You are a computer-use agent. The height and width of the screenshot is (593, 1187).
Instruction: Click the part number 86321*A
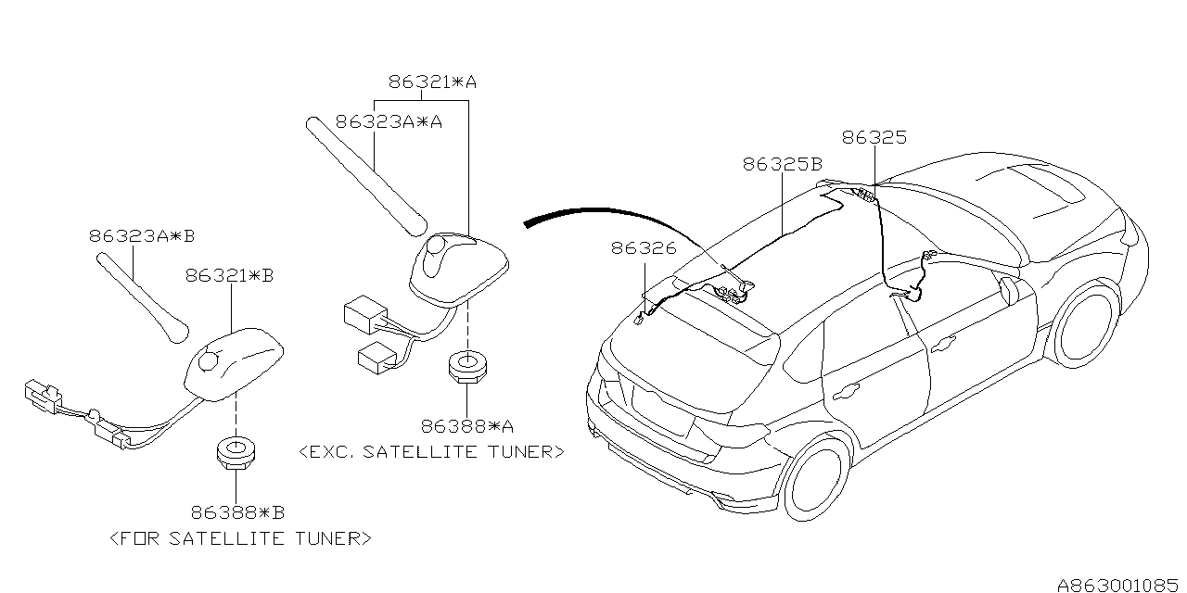[x=432, y=82]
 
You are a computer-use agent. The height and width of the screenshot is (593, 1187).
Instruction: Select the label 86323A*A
[x=389, y=120]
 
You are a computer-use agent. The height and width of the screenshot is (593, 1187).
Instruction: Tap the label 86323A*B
[x=142, y=235]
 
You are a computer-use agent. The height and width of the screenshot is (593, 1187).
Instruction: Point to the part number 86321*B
[x=234, y=275]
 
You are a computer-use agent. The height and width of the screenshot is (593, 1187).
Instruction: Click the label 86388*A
[x=467, y=426]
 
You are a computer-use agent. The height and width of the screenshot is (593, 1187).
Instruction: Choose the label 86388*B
[x=237, y=511]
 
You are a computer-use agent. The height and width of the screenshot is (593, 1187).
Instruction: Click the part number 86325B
[x=783, y=164]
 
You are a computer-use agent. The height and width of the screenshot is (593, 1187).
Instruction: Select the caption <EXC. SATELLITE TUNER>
[x=431, y=452]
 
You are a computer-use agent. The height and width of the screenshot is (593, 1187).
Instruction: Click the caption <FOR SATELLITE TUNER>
[x=240, y=537]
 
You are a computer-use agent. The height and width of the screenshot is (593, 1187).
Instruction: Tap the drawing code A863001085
[x=1117, y=585]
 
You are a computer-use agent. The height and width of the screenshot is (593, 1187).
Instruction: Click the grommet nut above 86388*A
[x=468, y=368]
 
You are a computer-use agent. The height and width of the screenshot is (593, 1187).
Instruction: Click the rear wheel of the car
[x=817, y=478]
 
